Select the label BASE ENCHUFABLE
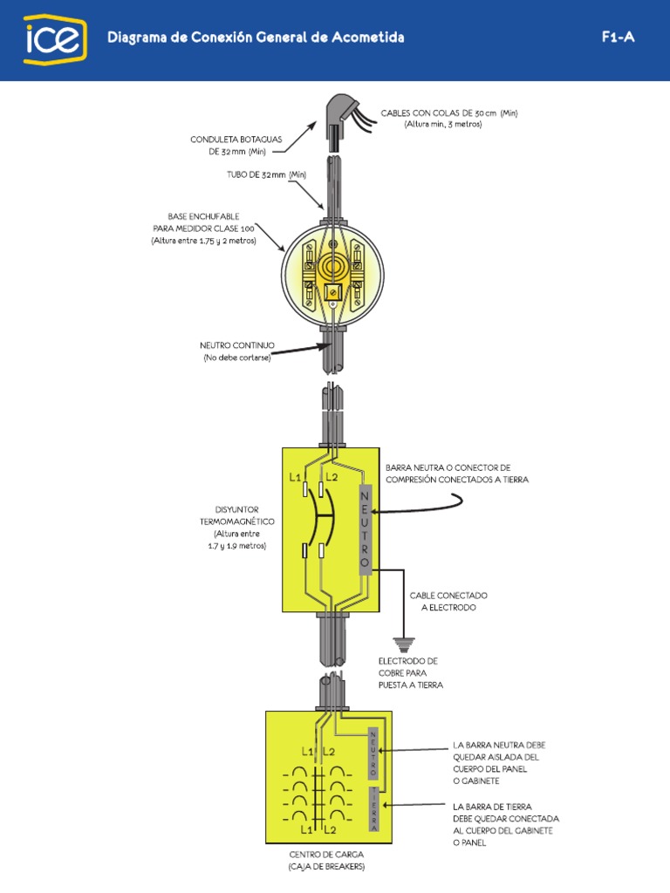pos(203,215)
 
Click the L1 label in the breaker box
pos(295,477)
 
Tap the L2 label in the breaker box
pos(332,477)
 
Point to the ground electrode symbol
pos(402,644)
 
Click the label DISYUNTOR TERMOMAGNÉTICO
pos(236,515)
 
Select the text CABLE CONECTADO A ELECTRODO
pos(448,601)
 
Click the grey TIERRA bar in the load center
pos(373,808)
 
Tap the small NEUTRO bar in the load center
pos(373,753)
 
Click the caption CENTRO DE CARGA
pos(326,856)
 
